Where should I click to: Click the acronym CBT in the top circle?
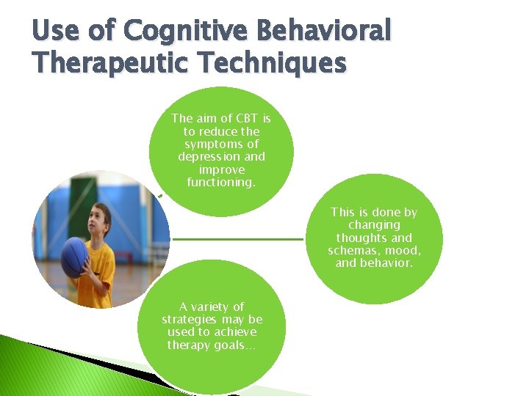click(x=247, y=117)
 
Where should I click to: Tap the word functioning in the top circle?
click(x=220, y=183)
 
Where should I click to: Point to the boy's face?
click(x=101, y=219)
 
